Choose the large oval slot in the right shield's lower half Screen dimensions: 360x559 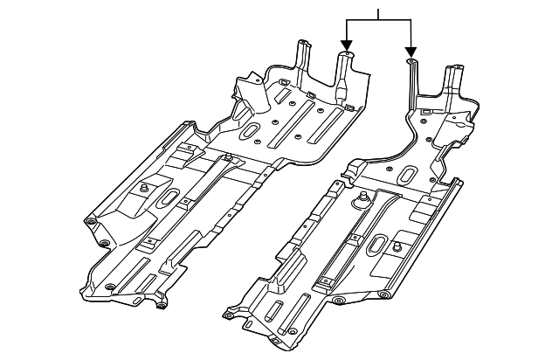coord(383,246)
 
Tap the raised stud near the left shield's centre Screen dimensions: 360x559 coord(228,158)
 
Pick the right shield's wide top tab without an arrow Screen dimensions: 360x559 coord(455,70)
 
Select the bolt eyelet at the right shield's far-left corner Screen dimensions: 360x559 coord(230,310)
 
